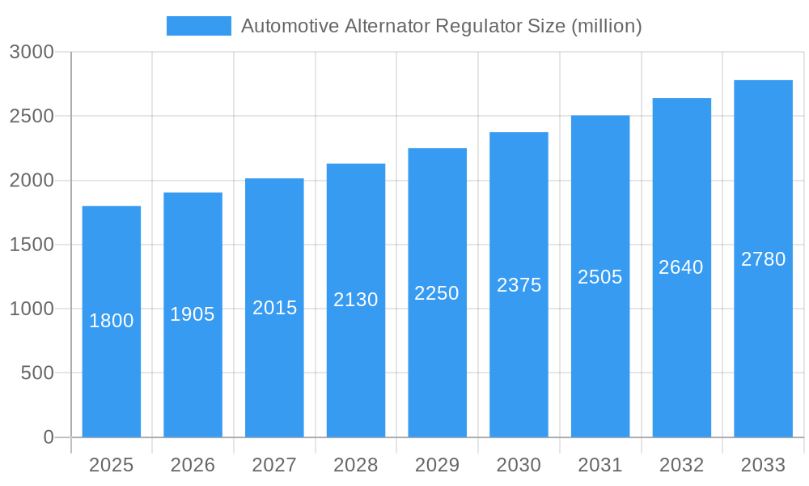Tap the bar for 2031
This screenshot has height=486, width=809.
click(x=600, y=356)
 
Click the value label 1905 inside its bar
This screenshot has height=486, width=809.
click(x=193, y=314)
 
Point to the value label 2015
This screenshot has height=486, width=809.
click(x=275, y=308)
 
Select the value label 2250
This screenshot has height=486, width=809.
click(x=437, y=293)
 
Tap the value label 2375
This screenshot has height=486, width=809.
click(x=519, y=285)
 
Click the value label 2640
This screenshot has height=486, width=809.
click(x=681, y=267)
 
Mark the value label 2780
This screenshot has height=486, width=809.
click(x=763, y=259)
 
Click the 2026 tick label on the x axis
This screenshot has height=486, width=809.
click(x=193, y=465)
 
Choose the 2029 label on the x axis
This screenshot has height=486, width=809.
click(x=437, y=465)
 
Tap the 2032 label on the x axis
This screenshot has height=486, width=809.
click(x=681, y=465)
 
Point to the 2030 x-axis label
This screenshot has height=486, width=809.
click(x=519, y=465)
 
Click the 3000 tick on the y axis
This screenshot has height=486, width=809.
click(x=32, y=52)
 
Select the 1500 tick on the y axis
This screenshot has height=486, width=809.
click(x=32, y=245)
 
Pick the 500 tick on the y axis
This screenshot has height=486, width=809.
click(x=37, y=373)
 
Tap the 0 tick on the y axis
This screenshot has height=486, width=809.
click(x=48, y=437)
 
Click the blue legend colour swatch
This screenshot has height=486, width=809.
click(x=198, y=26)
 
